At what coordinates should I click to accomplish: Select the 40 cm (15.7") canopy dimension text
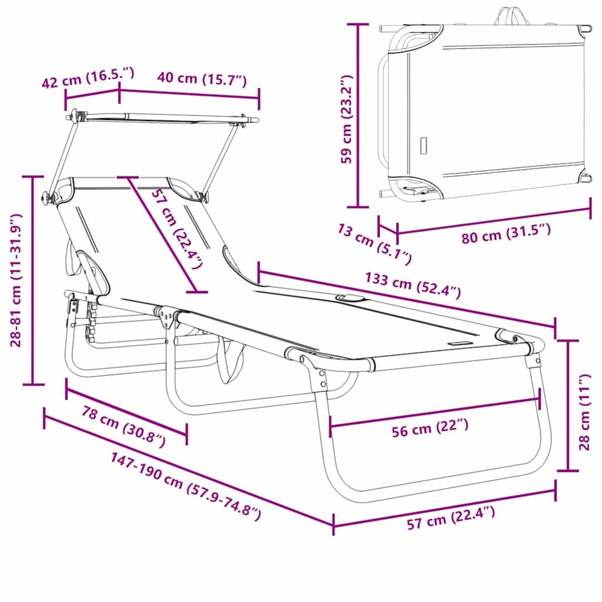coord(202,79)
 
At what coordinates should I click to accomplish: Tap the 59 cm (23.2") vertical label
coord(347,119)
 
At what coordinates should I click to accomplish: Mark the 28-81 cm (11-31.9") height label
coord(17,279)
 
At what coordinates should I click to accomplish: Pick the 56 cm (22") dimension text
coord(430,428)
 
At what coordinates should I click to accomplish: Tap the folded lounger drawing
coord(484,110)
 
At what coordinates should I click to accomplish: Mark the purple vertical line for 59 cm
coord(358,115)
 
